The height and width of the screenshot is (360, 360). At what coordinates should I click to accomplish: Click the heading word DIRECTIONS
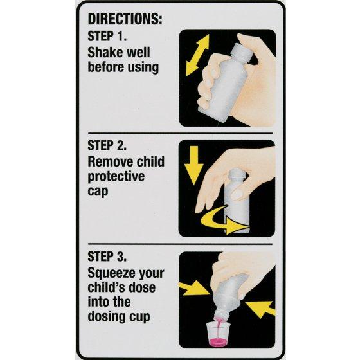125,19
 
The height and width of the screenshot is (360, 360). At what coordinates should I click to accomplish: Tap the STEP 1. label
107,36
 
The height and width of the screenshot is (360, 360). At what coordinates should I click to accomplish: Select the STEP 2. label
107,145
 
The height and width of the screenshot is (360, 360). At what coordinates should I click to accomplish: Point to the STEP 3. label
107,256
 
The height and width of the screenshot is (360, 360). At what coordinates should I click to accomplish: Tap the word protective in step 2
116,177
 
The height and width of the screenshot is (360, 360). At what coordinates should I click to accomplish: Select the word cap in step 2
98,192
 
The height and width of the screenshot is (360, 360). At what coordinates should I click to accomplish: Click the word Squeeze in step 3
110,274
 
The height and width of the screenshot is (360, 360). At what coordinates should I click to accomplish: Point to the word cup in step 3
139,317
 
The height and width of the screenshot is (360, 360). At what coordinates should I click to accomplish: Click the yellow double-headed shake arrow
197,55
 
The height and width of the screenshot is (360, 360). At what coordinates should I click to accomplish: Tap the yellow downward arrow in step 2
194,165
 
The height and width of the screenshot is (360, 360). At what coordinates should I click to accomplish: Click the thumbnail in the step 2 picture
238,193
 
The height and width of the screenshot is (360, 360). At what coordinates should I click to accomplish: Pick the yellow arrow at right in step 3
260,309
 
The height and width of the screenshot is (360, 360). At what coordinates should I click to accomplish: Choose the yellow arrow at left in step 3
195,288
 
